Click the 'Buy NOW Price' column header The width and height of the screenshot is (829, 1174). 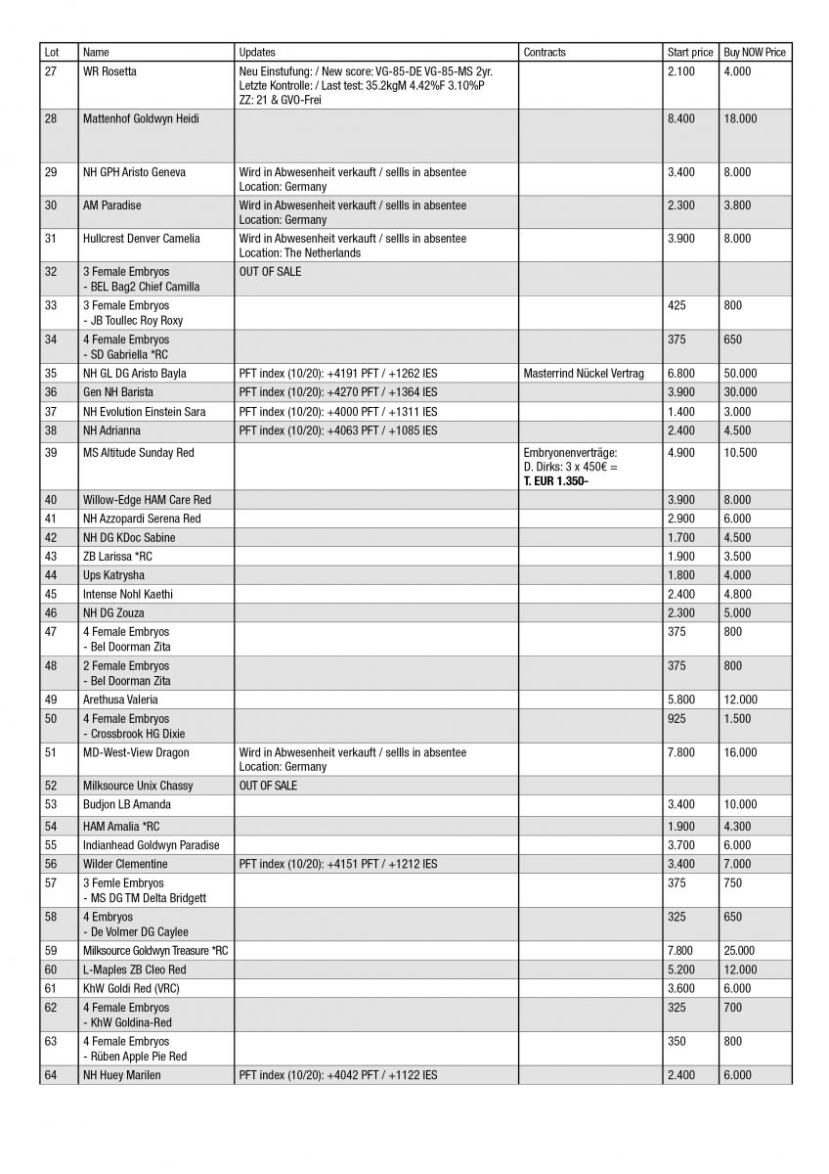tap(755, 52)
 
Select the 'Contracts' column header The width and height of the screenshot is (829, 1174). tap(545, 52)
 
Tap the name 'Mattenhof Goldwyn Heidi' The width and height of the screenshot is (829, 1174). tap(141, 119)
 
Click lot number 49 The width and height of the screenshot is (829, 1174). tap(51, 700)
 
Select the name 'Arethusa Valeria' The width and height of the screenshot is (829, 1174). tap(120, 700)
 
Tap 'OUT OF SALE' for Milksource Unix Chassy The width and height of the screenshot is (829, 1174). tap(269, 786)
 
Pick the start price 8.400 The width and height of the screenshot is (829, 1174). tap(680, 119)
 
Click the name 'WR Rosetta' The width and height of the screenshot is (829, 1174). tap(109, 72)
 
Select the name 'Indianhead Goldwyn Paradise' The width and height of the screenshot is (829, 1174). tap(152, 845)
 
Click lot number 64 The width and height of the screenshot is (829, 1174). tap(51, 1075)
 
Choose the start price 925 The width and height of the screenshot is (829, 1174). tap(676, 719)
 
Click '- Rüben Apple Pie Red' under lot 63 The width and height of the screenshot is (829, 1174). tap(135, 1057)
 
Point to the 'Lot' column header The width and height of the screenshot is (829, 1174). tap(52, 52)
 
